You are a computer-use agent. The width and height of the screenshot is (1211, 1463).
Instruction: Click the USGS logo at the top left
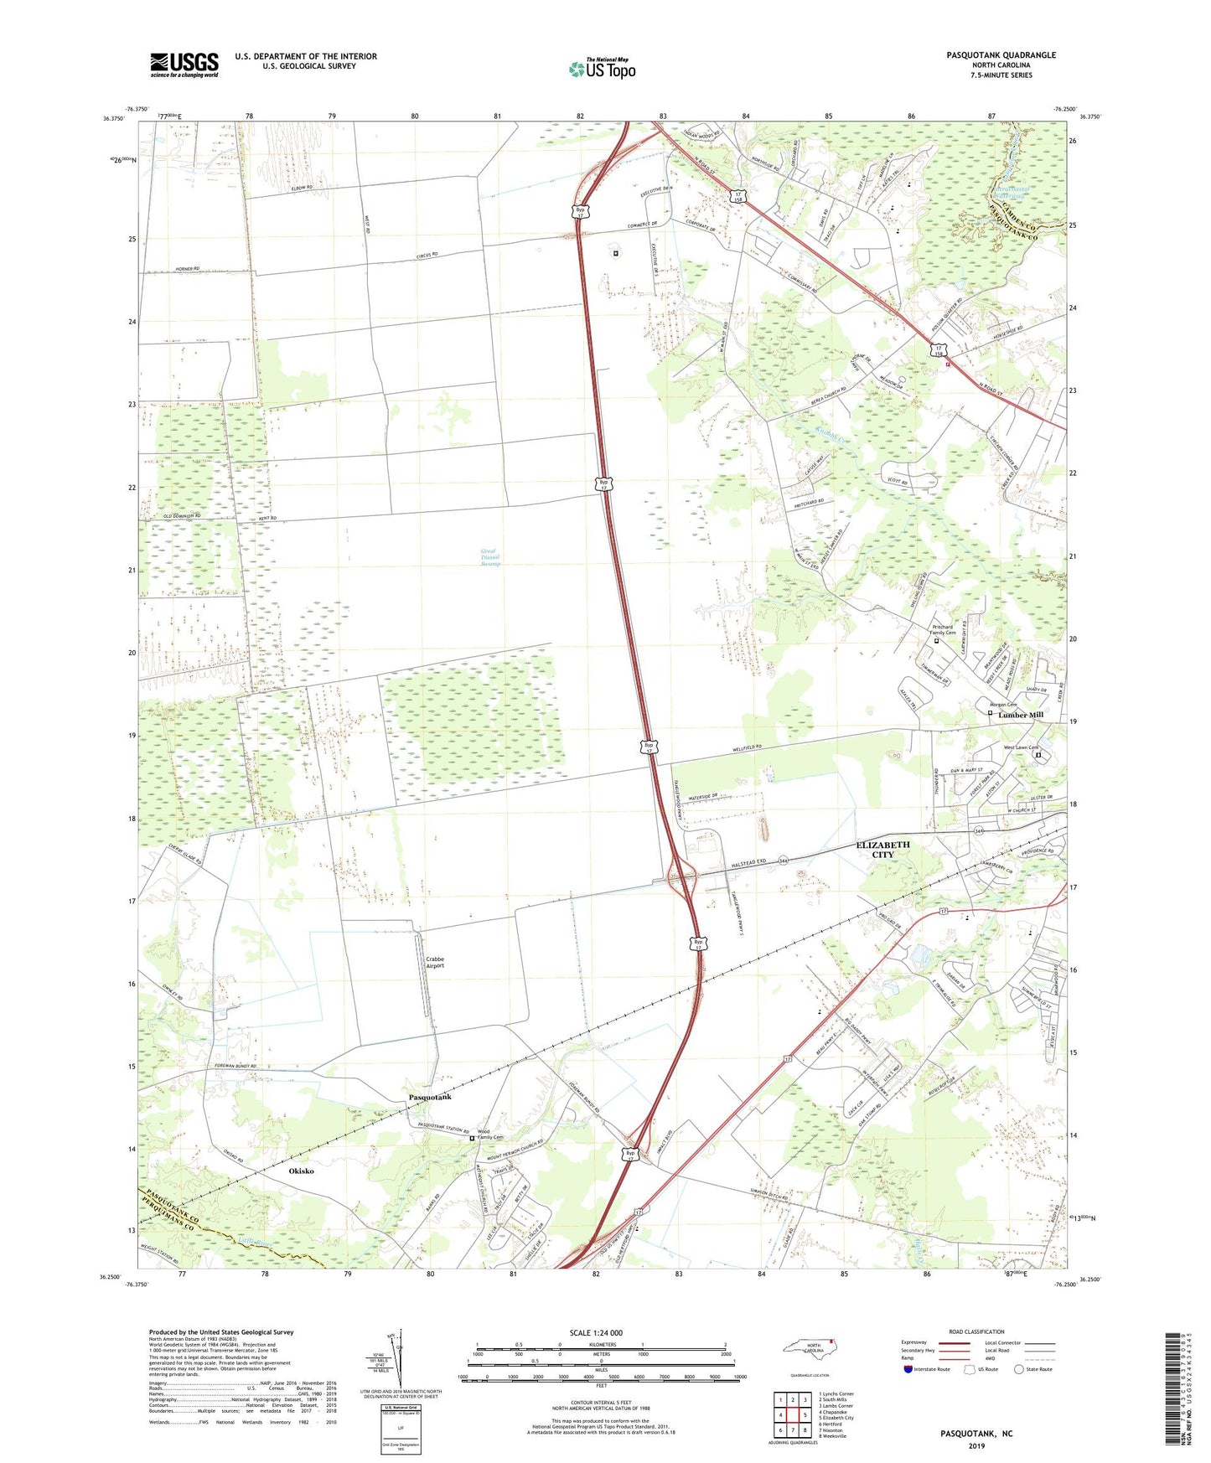coord(184,64)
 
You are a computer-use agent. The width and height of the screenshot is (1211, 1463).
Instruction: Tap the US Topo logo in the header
coord(601,69)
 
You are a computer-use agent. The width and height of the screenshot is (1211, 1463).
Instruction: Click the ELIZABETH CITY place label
coord(882,850)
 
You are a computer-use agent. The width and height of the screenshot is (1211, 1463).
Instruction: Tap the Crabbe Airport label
coord(435,962)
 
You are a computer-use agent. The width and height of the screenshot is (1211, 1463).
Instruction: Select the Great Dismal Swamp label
coord(490,557)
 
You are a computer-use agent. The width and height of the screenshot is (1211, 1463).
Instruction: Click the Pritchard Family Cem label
coord(944,629)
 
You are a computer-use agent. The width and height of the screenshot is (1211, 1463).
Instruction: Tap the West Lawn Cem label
coord(1021,747)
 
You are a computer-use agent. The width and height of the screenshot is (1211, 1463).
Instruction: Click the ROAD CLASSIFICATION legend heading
coord(976,1331)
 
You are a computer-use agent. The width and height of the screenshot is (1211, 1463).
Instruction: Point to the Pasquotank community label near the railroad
coord(430,1097)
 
